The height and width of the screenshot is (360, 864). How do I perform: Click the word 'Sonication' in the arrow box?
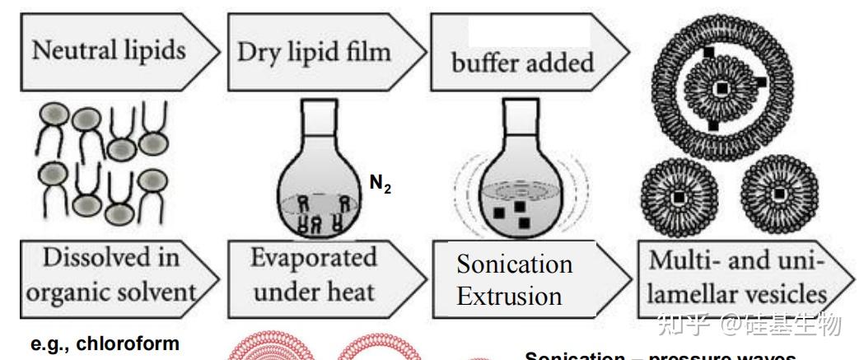(x=515, y=264)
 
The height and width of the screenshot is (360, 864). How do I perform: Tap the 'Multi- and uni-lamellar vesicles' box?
(x=736, y=276)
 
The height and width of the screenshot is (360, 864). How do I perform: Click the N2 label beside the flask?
(x=381, y=185)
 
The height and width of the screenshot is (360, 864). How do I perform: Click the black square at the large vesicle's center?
(x=721, y=87)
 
